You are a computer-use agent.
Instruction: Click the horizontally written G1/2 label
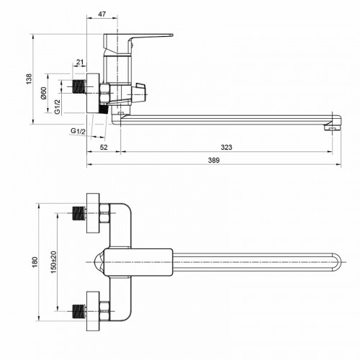78,130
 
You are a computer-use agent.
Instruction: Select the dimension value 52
104,148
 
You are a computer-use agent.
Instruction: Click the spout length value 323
226,148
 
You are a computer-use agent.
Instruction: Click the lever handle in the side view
144,35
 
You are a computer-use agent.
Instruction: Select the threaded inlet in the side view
80,87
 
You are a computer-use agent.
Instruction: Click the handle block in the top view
137,263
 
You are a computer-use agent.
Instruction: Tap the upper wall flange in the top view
91,212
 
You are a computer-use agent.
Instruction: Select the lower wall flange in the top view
91,313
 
